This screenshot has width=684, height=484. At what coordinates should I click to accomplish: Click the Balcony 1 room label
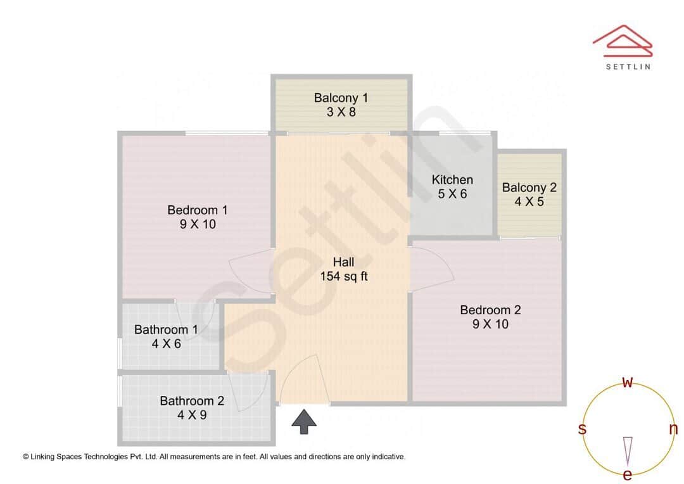click(341, 98)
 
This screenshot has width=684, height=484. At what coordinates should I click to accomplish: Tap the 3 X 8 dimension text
click(341, 112)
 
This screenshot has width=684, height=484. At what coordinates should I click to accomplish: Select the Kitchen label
click(452, 180)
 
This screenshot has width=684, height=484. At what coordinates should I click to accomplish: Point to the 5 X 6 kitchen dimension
click(452, 194)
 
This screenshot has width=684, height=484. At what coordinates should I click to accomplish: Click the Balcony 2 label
click(529, 188)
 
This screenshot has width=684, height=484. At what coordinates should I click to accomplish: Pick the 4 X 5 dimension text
click(529, 202)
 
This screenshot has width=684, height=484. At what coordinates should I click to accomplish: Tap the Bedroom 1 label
click(198, 210)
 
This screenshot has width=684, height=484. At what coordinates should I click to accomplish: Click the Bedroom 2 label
click(490, 310)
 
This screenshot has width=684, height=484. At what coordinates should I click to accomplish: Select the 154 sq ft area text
click(344, 276)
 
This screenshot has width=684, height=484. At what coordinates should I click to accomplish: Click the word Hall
click(344, 262)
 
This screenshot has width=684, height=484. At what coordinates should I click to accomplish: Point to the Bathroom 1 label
click(166, 329)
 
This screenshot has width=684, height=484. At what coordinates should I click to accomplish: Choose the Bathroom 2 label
click(192, 401)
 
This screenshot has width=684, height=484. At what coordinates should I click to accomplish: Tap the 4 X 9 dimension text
click(192, 416)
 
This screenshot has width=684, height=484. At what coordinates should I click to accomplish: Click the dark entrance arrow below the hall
click(304, 421)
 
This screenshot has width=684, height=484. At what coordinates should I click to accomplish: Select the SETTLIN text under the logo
click(628, 66)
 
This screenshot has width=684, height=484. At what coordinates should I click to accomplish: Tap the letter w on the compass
click(628, 382)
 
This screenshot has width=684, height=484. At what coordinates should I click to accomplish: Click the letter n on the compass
click(673, 429)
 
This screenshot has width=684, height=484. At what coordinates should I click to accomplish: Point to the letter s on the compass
click(582, 429)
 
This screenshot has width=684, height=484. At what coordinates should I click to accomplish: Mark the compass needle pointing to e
click(628, 450)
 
